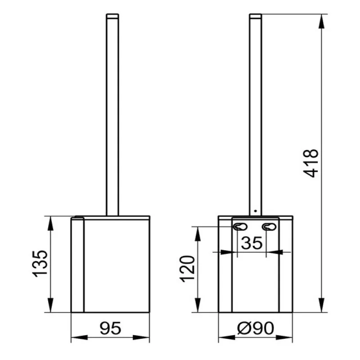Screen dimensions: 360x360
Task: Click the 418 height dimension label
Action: pyautogui.click(x=311, y=163)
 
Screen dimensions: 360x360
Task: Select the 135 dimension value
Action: pyautogui.click(x=40, y=264)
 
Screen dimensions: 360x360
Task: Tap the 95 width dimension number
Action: pyautogui.click(x=110, y=328)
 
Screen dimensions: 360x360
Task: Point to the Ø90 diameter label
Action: pyautogui.click(x=256, y=328)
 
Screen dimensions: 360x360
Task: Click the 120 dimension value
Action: pyautogui.click(x=187, y=269)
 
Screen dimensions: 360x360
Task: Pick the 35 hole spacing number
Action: pyautogui.click(x=252, y=243)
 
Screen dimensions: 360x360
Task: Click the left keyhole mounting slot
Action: pyautogui.click(x=240, y=227)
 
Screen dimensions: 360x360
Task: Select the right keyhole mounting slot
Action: pyautogui.click(x=269, y=227)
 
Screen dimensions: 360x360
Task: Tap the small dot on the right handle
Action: pyautogui.click(x=256, y=211)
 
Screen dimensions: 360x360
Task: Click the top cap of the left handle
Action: pyautogui.click(x=112, y=16)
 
